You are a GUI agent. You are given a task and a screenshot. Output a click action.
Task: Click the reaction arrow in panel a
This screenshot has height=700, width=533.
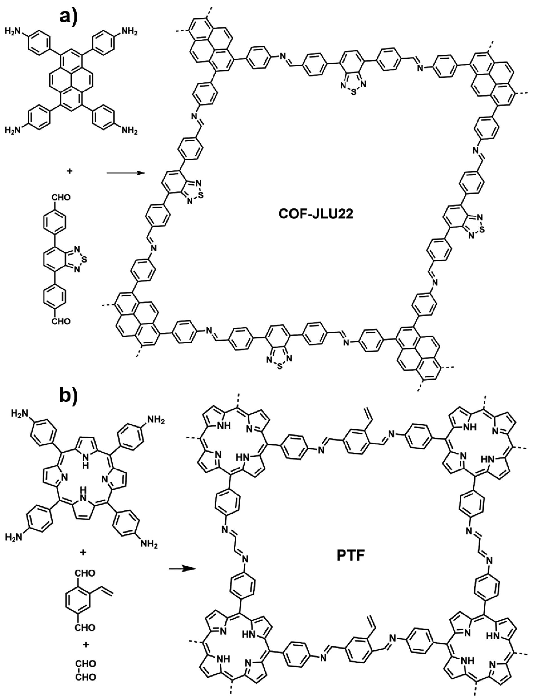click(x=124, y=173)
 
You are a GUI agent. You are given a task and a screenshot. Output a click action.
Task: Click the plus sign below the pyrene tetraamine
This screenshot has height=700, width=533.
click(x=70, y=171)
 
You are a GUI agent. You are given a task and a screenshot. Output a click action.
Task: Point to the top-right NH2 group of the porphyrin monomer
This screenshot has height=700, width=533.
click(x=155, y=421)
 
